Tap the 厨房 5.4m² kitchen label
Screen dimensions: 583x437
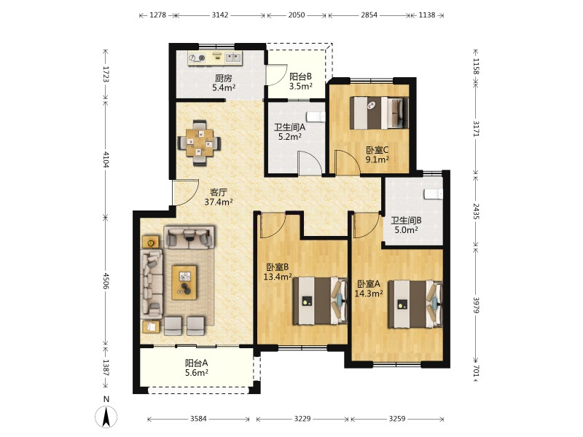pyautogui.click(x=224, y=83)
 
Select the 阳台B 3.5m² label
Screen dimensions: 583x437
pyautogui.click(x=300, y=82)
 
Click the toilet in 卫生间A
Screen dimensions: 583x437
pyautogui.click(x=318, y=117)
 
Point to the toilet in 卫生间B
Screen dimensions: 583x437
pyautogui.click(x=434, y=194)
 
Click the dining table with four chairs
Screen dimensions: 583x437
pyautogui.click(x=199, y=143)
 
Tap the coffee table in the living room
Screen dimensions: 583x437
pyautogui.click(x=184, y=282)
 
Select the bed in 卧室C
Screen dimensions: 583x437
pyautogui.click(x=379, y=113)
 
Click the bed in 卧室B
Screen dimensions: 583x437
pyautogui.click(x=320, y=301)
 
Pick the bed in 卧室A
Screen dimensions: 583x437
pyautogui.click(x=415, y=304)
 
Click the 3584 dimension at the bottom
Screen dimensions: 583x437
pyautogui.click(x=198, y=419)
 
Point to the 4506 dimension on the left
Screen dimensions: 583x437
pyautogui.click(x=106, y=281)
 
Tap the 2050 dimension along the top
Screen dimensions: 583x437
pyautogui.click(x=297, y=15)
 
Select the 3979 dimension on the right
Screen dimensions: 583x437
pyautogui.click(x=476, y=304)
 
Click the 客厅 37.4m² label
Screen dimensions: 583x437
pyautogui.click(x=219, y=197)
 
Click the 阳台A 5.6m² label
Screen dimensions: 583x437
pyautogui.click(x=196, y=368)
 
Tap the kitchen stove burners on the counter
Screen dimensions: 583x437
pyautogui.click(x=197, y=58)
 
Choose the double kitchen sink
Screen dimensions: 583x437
pyautogui.click(x=233, y=58)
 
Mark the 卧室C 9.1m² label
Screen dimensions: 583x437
pyautogui.click(x=377, y=155)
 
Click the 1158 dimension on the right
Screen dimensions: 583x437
pyautogui.click(x=476, y=66)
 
